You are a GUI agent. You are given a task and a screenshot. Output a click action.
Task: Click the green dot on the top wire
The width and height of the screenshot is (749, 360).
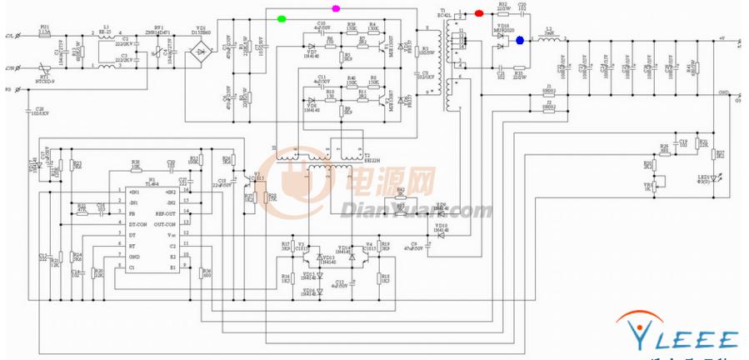(x=282, y=17)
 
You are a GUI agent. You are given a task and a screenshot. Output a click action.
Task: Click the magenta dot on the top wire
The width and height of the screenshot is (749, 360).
(x=336, y=9)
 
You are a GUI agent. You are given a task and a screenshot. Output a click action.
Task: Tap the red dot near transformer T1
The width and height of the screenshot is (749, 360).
(x=478, y=13)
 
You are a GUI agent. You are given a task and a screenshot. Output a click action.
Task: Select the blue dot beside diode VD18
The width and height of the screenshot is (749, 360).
(x=520, y=40)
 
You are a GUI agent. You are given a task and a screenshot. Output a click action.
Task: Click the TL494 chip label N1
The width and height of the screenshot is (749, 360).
(x=152, y=179)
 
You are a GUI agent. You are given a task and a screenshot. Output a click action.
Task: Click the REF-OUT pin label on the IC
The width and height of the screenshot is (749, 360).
(x=165, y=213)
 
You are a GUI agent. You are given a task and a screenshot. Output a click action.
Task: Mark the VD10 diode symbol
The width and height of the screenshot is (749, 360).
(x=441, y=231)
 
